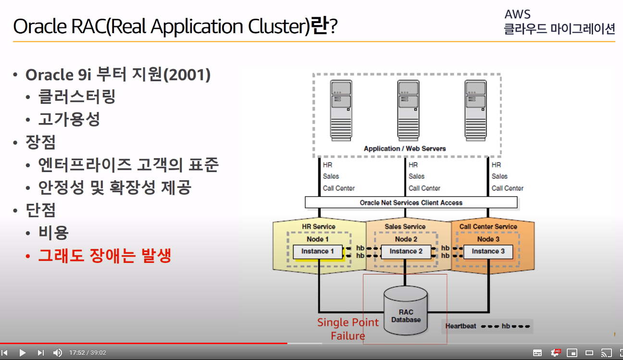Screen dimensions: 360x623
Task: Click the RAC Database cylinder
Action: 406,311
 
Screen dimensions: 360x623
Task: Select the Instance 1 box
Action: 317,251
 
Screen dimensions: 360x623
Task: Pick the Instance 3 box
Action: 488,251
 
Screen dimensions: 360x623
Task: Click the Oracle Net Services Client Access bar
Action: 411,203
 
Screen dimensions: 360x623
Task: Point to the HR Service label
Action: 318,226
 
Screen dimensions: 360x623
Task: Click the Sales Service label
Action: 405,226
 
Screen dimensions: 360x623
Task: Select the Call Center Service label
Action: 488,226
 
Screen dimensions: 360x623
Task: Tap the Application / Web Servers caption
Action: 405,149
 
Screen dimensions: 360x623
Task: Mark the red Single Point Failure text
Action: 348,329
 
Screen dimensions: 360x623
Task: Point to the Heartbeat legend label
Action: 461,326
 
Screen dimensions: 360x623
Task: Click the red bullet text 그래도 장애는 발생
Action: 104,255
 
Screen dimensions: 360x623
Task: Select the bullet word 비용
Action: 54,233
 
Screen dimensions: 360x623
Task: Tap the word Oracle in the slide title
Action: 40,27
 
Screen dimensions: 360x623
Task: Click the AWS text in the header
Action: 517,14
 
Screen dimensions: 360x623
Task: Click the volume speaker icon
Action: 57,353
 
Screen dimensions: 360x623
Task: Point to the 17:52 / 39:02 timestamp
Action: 87,353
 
